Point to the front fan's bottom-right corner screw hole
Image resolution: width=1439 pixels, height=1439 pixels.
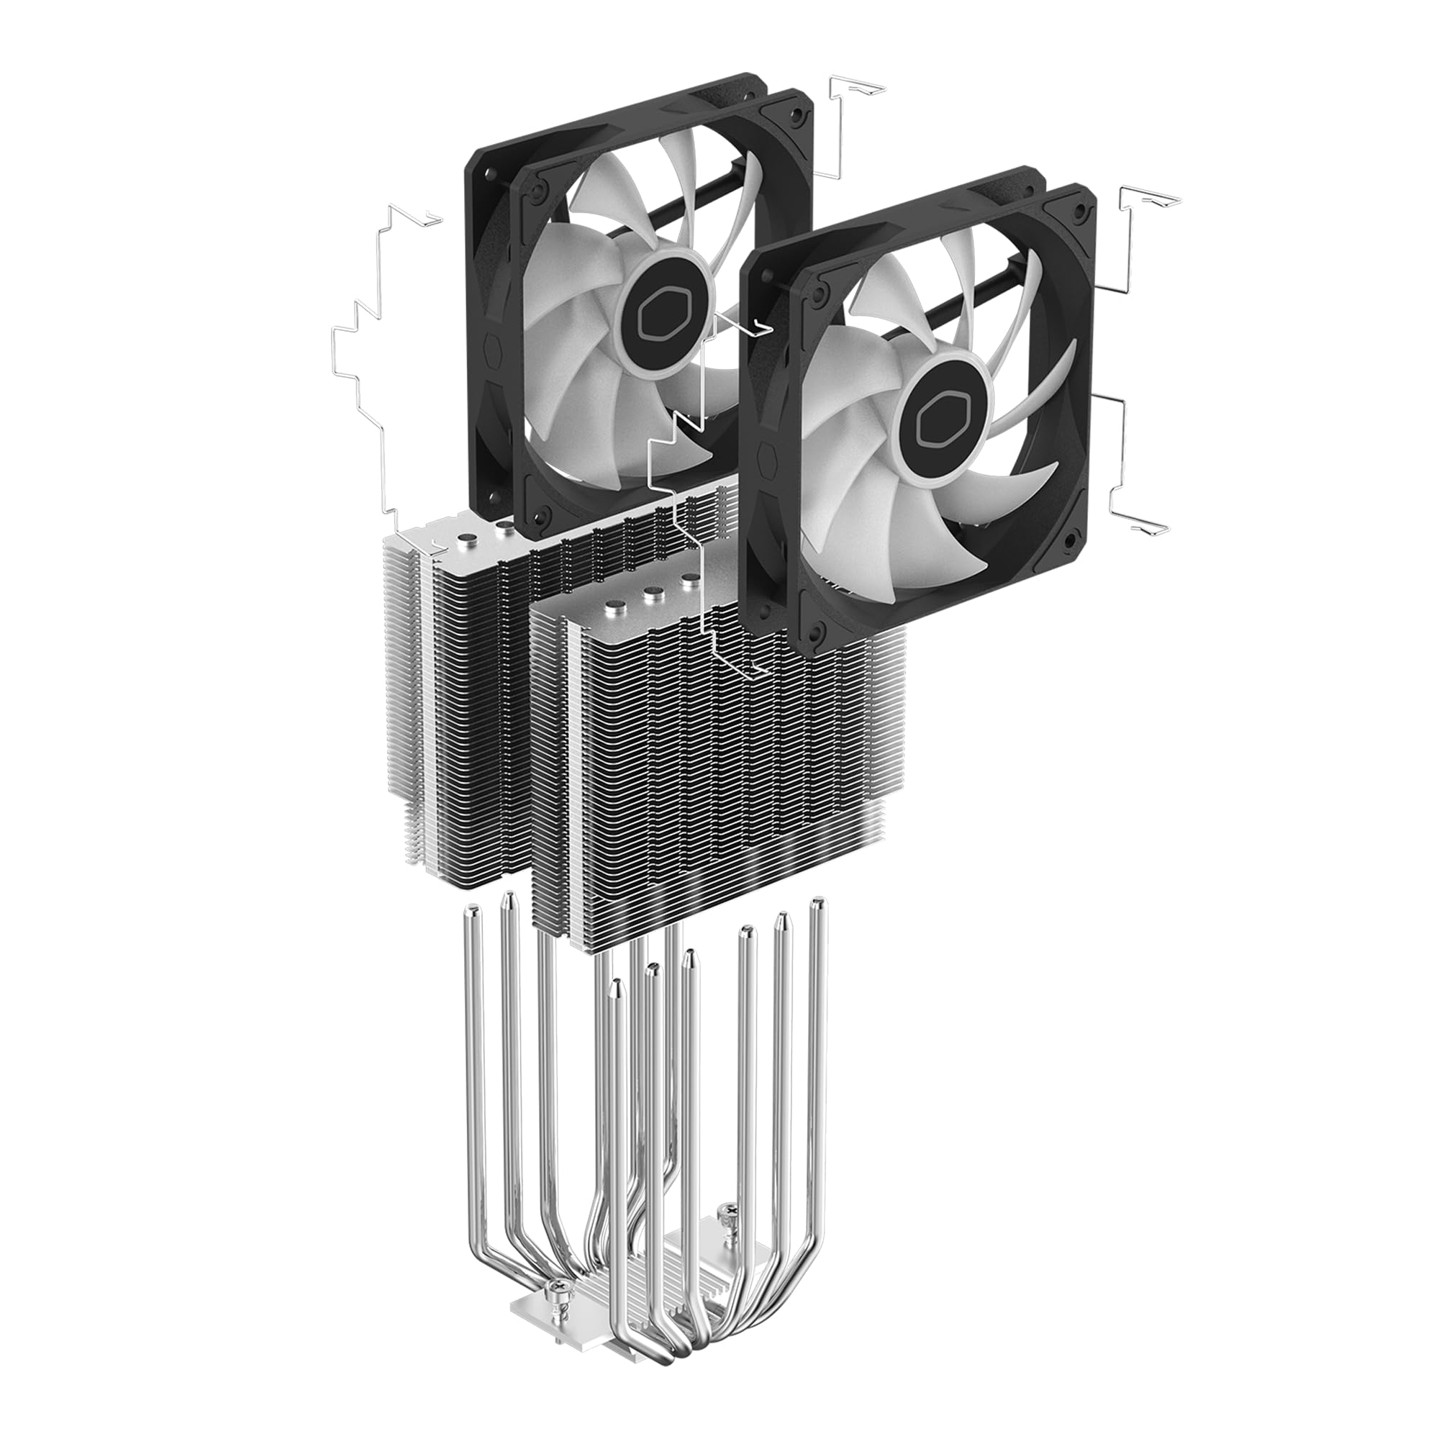pos(1071,537)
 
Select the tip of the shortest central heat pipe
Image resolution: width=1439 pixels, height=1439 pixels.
pos(615,985)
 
